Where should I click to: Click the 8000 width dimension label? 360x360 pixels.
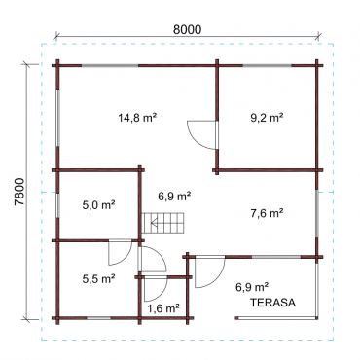[187, 29]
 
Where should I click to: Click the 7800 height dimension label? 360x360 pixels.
[19, 192]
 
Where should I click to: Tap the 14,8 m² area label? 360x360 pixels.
[137, 118]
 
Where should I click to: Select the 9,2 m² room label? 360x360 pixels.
[267, 118]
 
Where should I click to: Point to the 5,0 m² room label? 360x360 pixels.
[99, 205]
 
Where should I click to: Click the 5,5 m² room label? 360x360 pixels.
[99, 279]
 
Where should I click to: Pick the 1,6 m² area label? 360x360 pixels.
[163, 308]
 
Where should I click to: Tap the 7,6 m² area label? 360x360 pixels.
[267, 213]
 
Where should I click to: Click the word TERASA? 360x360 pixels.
[272, 303]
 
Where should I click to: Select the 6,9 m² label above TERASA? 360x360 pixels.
[252, 287]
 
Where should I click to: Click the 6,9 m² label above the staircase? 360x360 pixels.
[174, 196]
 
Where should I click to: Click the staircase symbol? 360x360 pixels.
[162, 223]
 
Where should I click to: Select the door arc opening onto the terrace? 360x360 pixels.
[219, 277]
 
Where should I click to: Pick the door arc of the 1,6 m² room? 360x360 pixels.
[162, 293]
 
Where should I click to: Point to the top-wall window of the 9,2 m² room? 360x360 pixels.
[268, 66]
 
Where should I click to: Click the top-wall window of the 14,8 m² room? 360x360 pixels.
[110, 66]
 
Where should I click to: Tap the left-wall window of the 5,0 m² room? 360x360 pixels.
[57, 205]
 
